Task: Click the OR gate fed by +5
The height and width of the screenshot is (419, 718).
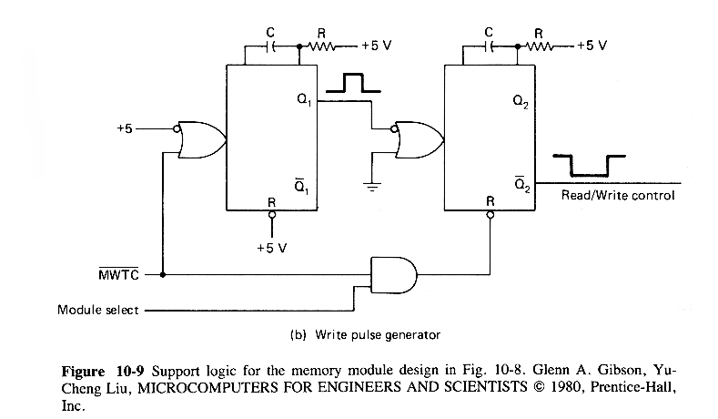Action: (201, 138)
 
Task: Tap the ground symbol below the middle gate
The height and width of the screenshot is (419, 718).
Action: (372, 188)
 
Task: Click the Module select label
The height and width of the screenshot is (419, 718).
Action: (97, 310)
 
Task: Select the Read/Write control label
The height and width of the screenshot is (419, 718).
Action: (618, 195)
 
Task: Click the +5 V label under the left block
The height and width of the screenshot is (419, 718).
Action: (272, 247)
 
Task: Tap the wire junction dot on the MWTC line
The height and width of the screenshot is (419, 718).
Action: (163, 272)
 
